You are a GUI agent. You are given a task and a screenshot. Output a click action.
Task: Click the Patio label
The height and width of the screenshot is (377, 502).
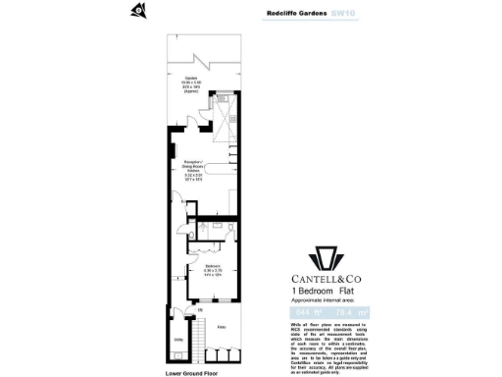[222, 327]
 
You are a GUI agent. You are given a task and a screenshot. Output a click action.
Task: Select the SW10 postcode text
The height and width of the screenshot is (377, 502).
[344, 15]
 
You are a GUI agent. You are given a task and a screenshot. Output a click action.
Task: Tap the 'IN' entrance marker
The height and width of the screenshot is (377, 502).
[201, 311]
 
